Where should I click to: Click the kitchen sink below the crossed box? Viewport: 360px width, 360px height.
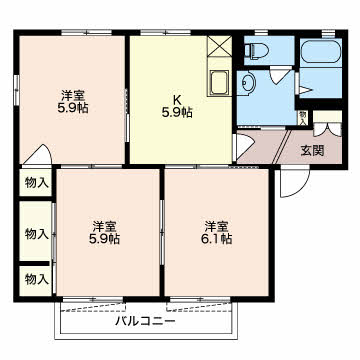pyautogui.click(x=218, y=81)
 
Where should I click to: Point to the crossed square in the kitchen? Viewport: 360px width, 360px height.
pyautogui.click(x=219, y=46)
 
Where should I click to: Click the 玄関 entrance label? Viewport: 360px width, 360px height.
pyautogui.click(x=312, y=151)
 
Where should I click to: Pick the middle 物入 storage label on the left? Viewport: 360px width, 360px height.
pyautogui.click(x=36, y=234)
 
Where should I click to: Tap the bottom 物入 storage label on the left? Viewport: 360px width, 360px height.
pyautogui.click(x=36, y=278)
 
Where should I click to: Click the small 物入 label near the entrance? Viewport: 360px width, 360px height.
pyautogui.click(x=303, y=118)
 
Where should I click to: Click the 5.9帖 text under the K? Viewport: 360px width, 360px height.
pyautogui.click(x=179, y=112)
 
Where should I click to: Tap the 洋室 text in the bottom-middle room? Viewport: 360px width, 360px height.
pyautogui.click(x=106, y=225)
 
